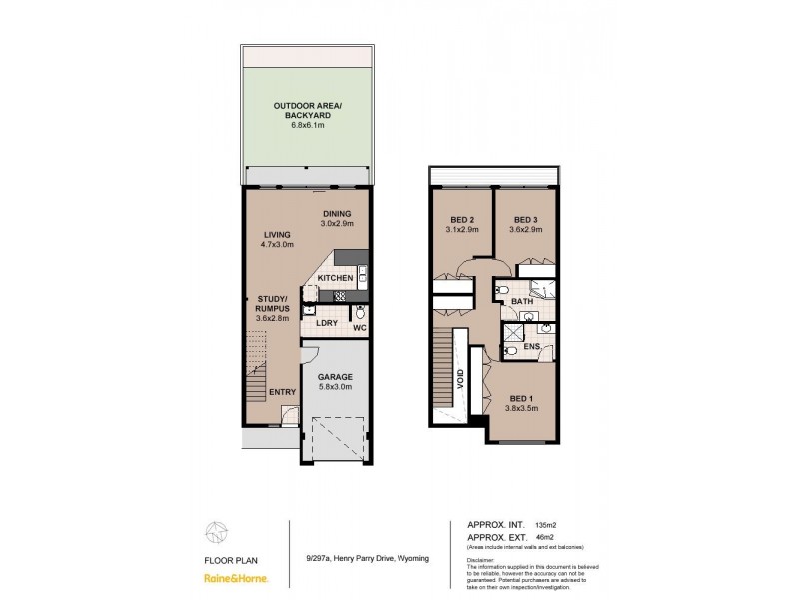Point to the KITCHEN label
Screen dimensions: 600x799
[x=334, y=278]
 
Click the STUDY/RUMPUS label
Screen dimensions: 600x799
[x=272, y=307]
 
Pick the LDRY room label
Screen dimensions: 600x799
[x=325, y=323]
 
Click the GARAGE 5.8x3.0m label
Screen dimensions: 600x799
[x=336, y=382]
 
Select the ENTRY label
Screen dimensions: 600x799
[x=283, y=391]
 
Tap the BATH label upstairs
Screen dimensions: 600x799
[x=521, y=300]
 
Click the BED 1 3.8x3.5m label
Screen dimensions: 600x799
[x=521, y=402]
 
